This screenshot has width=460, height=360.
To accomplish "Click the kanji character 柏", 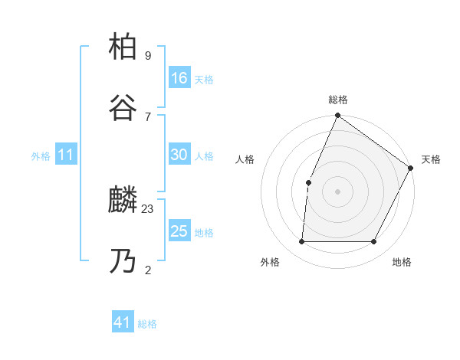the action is click(x=124, y=47).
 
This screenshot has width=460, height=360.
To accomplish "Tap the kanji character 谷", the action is click(x=124, y=108).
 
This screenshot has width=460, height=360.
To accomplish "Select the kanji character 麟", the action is click(x=124, y=201).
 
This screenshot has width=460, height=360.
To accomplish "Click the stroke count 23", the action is click(x=148, y=208).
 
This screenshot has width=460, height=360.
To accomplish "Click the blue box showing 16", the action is click(x=179, y=77).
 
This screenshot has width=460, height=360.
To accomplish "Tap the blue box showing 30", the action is click(x=179, y=155).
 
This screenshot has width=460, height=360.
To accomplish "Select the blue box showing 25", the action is click(x=179, y=231).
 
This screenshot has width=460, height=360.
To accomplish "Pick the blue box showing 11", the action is click(x=66, y=155).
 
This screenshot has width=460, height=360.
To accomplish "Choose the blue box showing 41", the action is click(x=123, y=323).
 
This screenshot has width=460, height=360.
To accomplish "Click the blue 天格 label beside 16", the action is click(x=203, y=79).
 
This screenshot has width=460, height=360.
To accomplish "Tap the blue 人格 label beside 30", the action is click(x=203, y=156).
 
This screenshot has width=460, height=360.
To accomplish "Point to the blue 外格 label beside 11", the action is click(x=41, y=156).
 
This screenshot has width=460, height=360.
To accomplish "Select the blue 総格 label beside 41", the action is click(x=147, y=325).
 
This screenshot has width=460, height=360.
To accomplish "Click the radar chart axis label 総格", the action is click(x=337, y=100).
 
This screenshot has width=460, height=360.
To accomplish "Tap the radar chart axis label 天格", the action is click(x=431, y=159).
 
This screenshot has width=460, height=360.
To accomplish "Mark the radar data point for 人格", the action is click(x=308, y=182).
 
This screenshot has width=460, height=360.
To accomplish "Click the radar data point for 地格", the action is click(x=373, y=242).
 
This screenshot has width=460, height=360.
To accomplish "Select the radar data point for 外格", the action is click(x=301, y=242).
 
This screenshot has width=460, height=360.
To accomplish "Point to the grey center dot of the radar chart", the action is click(x=337, y=191).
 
